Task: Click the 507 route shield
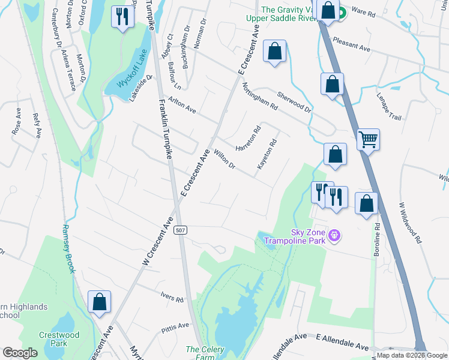(179, 230)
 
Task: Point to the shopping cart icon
(368, 140)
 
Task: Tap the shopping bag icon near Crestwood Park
(99, 302)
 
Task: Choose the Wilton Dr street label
(224, 159)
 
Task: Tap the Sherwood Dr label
(294, 102)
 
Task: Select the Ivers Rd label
(172, 296)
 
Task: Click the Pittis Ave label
(175, 328)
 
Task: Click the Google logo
(20, 353)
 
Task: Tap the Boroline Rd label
(378, 240)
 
